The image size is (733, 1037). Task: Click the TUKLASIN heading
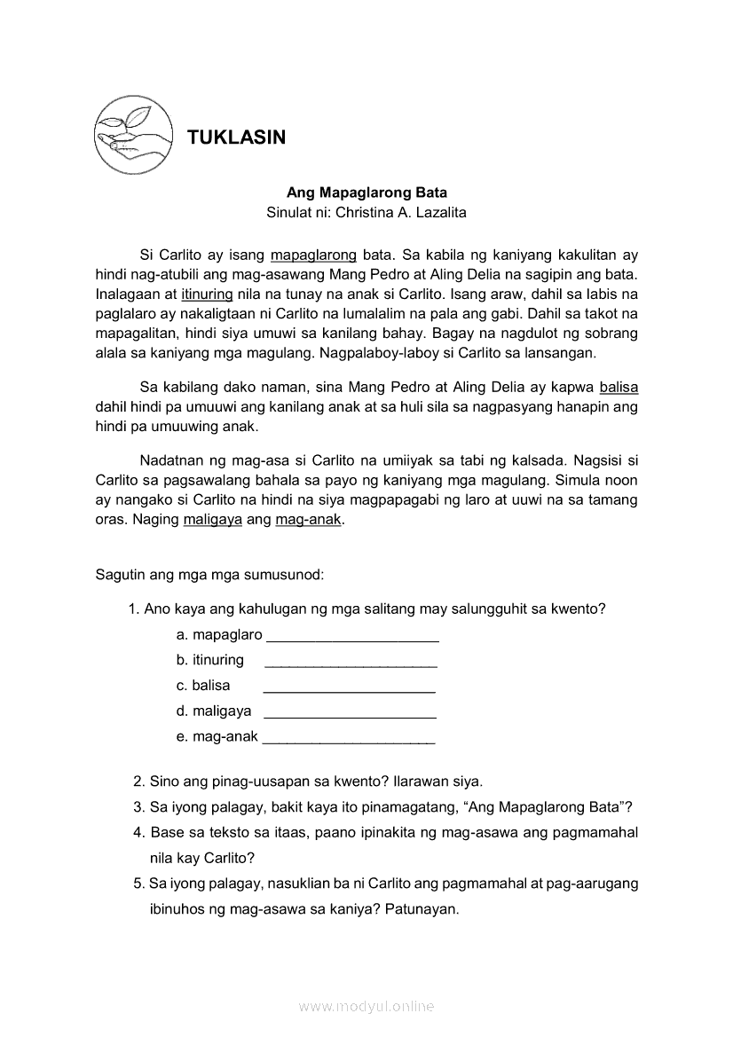pyautogui.click(x=236, y=137)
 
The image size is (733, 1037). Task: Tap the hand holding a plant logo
pyautogui.click(x=130, y=134)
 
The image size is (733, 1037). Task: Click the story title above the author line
pyautogui.click(x=366, y=192)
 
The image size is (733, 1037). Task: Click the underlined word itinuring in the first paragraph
pyautogui.click(x=207, y=294)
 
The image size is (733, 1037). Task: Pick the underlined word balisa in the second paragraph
pyautogui.click(x=619, y=387)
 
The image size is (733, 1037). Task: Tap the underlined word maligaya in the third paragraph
pyautogui.click(x=213, y=520)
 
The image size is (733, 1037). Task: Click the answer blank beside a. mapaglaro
pyautogui.click(x=352, y=637)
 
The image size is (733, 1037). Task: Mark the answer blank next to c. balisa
pyautogui.click(x=349, y=687)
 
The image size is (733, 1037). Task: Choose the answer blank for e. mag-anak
pyautogui.click(x=349, y=738)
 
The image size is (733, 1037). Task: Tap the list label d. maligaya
pyautogui.click(x=214, y=711)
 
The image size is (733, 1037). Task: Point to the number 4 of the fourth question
pyautogui.click(x=138, y=832)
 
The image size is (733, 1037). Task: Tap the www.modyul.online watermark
pyautogui.click(x=366, y=1007)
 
